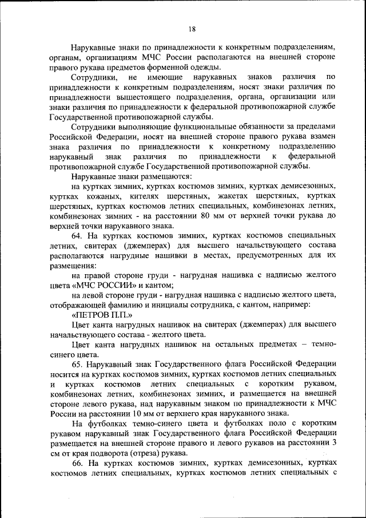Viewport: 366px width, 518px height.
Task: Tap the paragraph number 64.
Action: [x=77, y=235]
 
